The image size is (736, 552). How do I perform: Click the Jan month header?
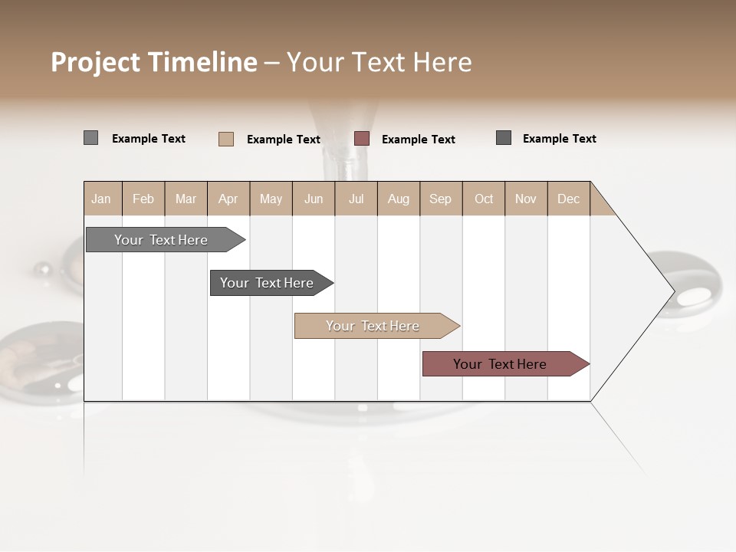(x=102, y=199)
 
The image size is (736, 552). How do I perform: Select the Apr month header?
(x=228, y=199)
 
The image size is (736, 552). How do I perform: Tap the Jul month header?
(x=356, y=199)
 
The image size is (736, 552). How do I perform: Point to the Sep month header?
(x=441, y=199)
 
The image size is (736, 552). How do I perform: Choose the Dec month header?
(x=569, y=199)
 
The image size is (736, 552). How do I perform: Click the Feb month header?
(x=143, y=199)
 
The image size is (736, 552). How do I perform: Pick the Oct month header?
(x=484, y=199)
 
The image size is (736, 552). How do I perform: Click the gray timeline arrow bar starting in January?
(x=161, y=240)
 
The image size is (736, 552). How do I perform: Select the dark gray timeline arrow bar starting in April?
(x=268, y=283)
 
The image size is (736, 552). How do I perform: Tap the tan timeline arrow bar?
(x=373, y=326)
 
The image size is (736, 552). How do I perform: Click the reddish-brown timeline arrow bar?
(x=501, y=364)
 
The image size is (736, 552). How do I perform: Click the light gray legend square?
(x=90, y=138)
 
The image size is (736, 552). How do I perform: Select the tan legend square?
(x=225, y=139)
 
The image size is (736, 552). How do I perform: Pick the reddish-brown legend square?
(x=362, y=139)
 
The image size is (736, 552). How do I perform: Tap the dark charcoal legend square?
(x=503, y=138)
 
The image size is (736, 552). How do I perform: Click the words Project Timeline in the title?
(x=153, y=62)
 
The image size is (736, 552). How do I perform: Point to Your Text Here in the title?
(x=379, y=62)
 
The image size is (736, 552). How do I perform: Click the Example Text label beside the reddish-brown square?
(x=419, y=139)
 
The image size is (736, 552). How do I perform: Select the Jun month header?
(x=314, y=199)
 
